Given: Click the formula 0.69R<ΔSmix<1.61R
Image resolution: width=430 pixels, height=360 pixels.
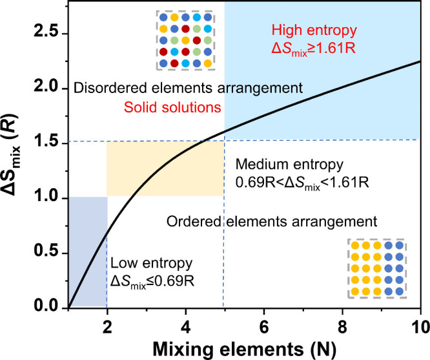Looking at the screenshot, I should pos(303,180).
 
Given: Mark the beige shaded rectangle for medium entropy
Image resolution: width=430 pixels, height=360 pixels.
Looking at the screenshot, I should pos(165,169).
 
